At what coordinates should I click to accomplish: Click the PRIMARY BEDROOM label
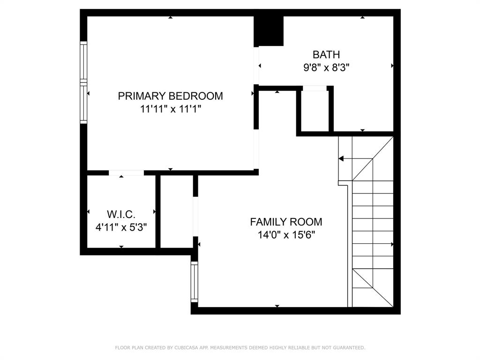[170, 96]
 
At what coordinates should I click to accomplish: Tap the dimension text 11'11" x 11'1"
[170, 109]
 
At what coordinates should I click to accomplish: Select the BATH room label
[326, 54]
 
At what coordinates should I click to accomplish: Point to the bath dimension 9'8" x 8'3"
[326, 67]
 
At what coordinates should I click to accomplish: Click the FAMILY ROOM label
[286, 222]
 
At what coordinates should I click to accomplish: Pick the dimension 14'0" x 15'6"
[286, 234]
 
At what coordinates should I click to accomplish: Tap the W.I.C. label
[121, 215]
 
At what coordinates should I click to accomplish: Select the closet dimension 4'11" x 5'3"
[121, 227]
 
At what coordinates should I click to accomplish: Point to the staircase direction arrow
[341, 159]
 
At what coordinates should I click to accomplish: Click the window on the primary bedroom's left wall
[84, 82]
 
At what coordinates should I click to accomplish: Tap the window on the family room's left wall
[194, 281]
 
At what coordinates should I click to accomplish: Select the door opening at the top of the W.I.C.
[126, 173]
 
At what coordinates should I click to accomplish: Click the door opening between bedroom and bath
[256, 66]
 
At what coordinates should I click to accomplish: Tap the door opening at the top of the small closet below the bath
[315, 88]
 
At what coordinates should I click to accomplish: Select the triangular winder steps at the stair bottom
[373, 286]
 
